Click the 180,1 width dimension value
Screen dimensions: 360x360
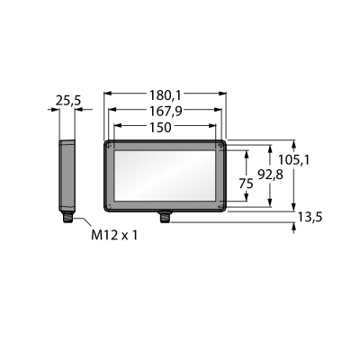tap(165, 95)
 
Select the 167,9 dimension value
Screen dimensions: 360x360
tap(166, 112)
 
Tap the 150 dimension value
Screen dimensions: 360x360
tap(160, 128)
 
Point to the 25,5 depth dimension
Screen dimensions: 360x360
tap(68, 101)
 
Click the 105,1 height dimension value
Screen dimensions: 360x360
tap(293, 160)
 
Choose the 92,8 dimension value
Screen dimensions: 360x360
tap(271, 175)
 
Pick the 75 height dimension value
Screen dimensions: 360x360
tap(246, 184)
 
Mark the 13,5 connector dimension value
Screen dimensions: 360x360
tap(310, 217)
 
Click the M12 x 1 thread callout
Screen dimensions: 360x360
tap(114, 235)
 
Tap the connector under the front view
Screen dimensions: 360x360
tap(164, 217)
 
